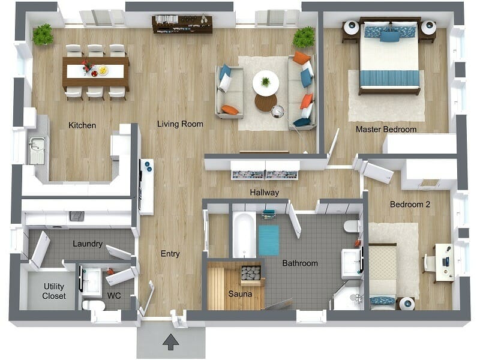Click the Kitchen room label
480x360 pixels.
point(82,125)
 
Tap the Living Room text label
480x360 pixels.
point(180,124)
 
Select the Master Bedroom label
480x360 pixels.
point(386,129)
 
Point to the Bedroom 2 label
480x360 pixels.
point(410,204)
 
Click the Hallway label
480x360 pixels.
point(265,193)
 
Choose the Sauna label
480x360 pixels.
point(240,294)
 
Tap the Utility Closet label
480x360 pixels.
point(53,292)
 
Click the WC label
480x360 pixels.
point(114,296)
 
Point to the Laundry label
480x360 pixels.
point(88,244)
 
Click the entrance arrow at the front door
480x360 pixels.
point(171,343)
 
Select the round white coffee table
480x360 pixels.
point(265,83)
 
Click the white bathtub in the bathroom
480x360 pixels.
point(244,235)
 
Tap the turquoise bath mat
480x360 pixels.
point(269,240)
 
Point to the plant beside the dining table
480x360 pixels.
point(43,35)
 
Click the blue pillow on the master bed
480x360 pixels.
point(389,36)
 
